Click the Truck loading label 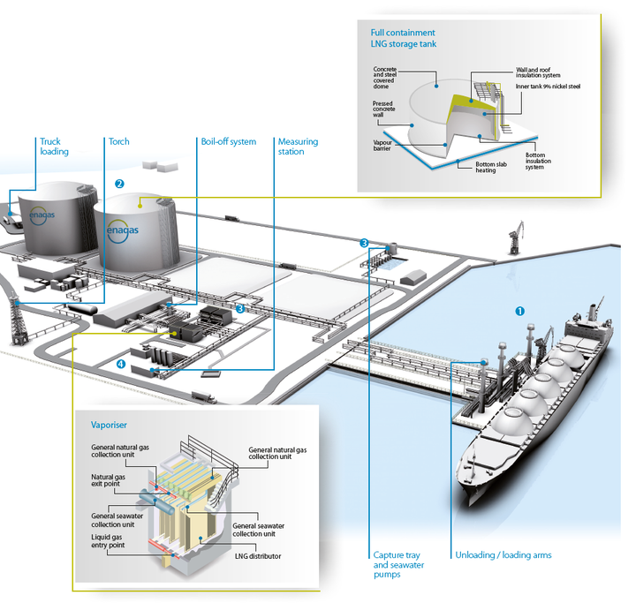[54, 147]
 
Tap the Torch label [119, 141]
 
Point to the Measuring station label [298, 147]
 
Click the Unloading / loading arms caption [503, 555]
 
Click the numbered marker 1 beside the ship [520, 311]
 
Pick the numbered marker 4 [120, 363]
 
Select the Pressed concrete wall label [383, 109]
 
